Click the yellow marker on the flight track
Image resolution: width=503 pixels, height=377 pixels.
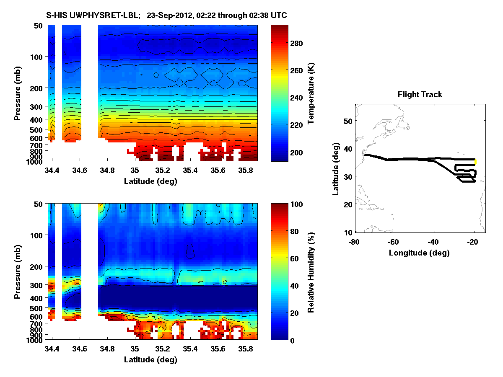pyautogui.click(x=475, y=162)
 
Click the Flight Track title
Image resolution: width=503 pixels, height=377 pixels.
pyautogui.click(x=420, y=95)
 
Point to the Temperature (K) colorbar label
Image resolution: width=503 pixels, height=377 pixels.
pyautogui.click(x=311, y=93)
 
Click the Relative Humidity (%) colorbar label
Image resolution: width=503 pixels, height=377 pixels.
pyautogui.click(x=311, y=272)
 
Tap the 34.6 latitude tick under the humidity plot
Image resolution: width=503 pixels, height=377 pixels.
pyautogui.click(x=80, y=349)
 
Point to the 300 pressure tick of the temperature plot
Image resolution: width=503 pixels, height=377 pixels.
pyautogui.click(x=37, y=107)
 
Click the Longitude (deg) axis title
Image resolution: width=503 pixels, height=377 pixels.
pyautogui.click(x=419, y=253)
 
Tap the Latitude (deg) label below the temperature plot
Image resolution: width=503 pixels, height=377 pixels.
pyautogui.click(x=150, y=181)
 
